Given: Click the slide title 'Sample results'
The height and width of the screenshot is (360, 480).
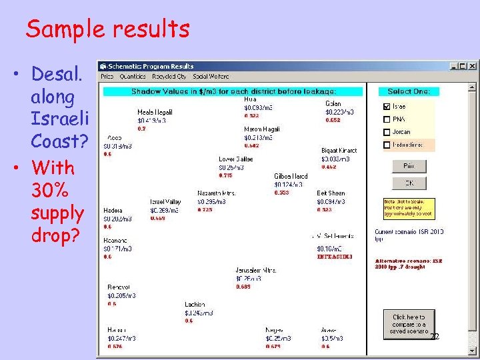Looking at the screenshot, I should [107, 29].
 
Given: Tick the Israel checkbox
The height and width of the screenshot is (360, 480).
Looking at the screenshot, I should [387, 107].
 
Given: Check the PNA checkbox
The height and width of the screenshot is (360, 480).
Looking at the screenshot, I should [387, 119].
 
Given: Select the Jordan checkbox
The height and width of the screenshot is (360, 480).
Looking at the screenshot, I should [387, 132].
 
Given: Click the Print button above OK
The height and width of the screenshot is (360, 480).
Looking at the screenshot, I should [409, 167].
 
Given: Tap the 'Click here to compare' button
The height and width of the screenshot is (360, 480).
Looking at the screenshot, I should [409, 324].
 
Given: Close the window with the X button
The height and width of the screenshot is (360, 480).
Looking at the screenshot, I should [472, 66].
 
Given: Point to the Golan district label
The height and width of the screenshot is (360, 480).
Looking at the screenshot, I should [333, 104].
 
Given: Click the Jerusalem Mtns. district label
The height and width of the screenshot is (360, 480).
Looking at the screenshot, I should [255, 270].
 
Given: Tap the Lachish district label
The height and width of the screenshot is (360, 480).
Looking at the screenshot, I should [195, 305].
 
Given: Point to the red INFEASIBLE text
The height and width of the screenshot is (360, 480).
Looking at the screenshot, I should [335, 256].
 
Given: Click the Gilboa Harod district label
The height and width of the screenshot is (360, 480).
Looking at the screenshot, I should [291, 177].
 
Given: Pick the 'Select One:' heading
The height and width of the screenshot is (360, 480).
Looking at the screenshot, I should [408, 91].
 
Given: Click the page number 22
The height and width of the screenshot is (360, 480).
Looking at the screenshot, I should [434, 337].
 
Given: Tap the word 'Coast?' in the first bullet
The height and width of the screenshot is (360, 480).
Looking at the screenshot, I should [59, 143].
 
